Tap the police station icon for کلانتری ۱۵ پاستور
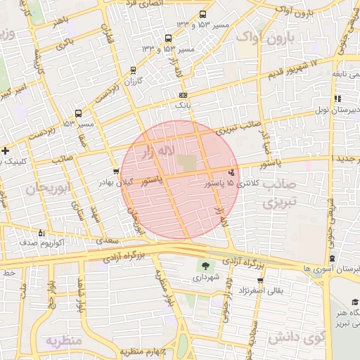pos(232,172)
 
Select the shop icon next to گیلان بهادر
pos(116,171)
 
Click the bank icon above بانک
pos(184,95)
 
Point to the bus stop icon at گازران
pos(134,70)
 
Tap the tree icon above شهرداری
pos(205,266)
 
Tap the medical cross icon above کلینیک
pos(6,150)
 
